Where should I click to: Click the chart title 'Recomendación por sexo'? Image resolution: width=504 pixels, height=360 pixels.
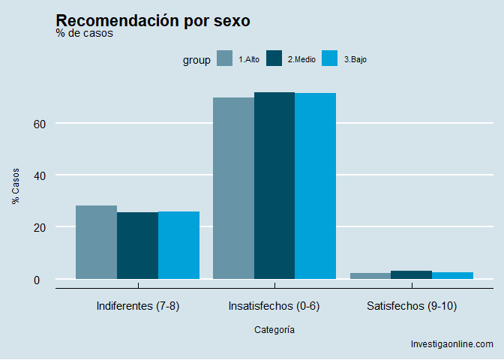[153, 21]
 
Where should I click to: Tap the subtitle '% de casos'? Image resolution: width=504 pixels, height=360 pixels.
[85, 34]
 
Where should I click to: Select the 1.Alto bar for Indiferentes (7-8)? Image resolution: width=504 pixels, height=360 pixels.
[96, 242]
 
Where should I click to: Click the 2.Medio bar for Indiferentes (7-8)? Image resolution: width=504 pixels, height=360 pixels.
[137, 245]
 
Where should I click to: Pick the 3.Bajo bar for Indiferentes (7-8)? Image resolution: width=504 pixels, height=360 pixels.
[178, 245]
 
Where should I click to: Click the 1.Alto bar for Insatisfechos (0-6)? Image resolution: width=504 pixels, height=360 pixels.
[233, 188]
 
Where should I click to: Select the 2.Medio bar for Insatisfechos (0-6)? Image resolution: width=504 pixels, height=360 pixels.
[274, 186]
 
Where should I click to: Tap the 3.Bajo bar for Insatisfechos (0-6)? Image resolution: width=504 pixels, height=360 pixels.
[316, 186]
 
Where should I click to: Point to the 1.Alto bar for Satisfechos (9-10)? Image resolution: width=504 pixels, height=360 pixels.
[370, 276]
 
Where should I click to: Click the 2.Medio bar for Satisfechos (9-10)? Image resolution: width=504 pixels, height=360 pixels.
[412, 275]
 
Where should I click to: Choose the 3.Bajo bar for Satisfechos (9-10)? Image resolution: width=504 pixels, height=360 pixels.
[453, 276]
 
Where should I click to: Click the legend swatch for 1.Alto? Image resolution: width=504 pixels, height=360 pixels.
[224, 58]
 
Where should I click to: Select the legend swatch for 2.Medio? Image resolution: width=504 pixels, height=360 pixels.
[274, 58]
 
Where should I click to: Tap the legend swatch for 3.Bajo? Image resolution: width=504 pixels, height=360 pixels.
[329, 58]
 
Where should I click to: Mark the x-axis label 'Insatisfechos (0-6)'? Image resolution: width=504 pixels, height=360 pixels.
[274, 306]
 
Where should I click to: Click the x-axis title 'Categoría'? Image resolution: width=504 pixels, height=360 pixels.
[274, 329]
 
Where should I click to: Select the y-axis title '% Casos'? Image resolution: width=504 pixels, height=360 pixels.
[15, 186]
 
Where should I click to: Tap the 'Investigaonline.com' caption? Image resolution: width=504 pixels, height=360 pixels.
[452, 344]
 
